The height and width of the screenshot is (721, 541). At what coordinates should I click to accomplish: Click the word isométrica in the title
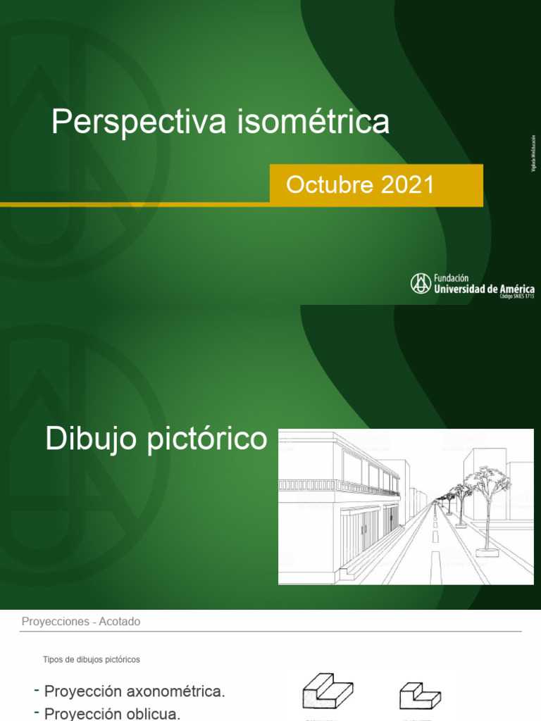313,121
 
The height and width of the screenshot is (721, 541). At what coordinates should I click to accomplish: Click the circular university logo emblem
421,283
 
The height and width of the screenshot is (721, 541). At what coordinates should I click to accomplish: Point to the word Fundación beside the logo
451,278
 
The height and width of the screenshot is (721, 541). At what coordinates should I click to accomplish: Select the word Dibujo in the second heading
92,439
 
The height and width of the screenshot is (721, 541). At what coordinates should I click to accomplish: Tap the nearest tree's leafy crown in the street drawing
487,479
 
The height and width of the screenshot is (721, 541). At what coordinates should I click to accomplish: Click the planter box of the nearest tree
487,552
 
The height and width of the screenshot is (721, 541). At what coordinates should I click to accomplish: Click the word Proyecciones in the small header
55,621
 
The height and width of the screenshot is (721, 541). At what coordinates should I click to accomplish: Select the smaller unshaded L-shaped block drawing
421,695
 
